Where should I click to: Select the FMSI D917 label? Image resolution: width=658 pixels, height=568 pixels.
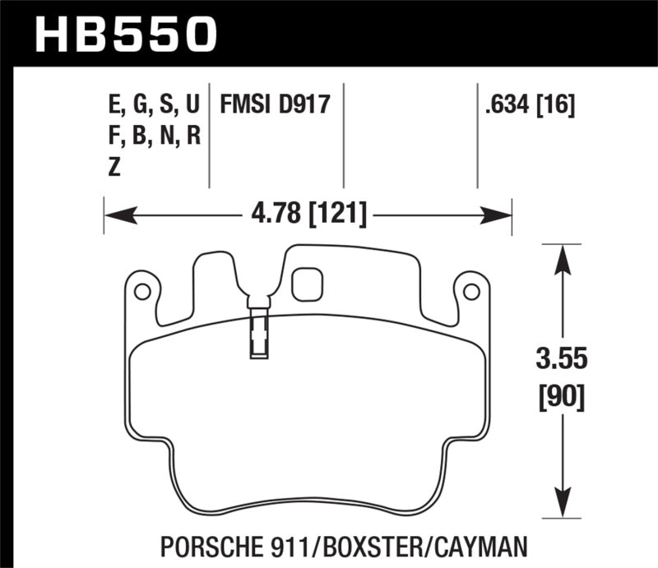(x=274, y=104)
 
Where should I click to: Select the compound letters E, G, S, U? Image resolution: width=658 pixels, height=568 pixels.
(x=154, y=104)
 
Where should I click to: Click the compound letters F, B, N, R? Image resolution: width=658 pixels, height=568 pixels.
(x=154, y=135)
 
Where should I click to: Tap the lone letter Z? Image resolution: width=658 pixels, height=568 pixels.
(x=114, y=166)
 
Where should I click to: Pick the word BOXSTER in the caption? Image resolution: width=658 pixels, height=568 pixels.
(x=378, y=546)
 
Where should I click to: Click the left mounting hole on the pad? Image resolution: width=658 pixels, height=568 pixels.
(x=141, y=291)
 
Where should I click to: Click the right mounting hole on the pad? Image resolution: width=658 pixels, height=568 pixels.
(x=470, y=291)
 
